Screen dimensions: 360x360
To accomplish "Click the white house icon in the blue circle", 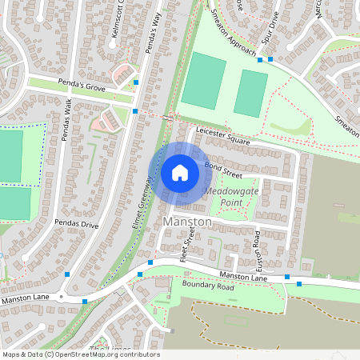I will (180, 173).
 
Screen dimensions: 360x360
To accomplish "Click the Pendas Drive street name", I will (76, 225).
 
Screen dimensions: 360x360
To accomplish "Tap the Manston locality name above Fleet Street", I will (186, 221).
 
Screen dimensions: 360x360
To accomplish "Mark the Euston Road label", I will (258, 249).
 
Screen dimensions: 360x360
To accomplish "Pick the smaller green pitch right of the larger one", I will (250, 93).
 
